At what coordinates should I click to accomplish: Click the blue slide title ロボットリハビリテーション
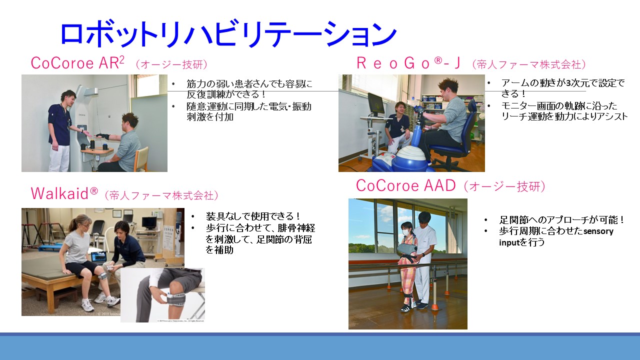tap(228, 33)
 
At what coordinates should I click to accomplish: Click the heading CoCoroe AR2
tap(77, 63)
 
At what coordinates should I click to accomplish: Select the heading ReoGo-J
tap(409, 63)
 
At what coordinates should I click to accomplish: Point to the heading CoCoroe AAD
tap(405, 185)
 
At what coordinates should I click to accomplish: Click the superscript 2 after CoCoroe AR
tap(121, 59)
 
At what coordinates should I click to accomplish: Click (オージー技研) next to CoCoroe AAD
tap(504, 186)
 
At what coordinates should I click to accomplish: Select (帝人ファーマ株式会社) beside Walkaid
tap(161, 195)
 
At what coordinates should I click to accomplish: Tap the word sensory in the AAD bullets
tap(598, 231)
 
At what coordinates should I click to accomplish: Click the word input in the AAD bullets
tap(509, 242)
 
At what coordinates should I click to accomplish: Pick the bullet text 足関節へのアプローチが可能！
tap(561, 220)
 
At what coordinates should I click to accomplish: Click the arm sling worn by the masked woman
tap(407, 251)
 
